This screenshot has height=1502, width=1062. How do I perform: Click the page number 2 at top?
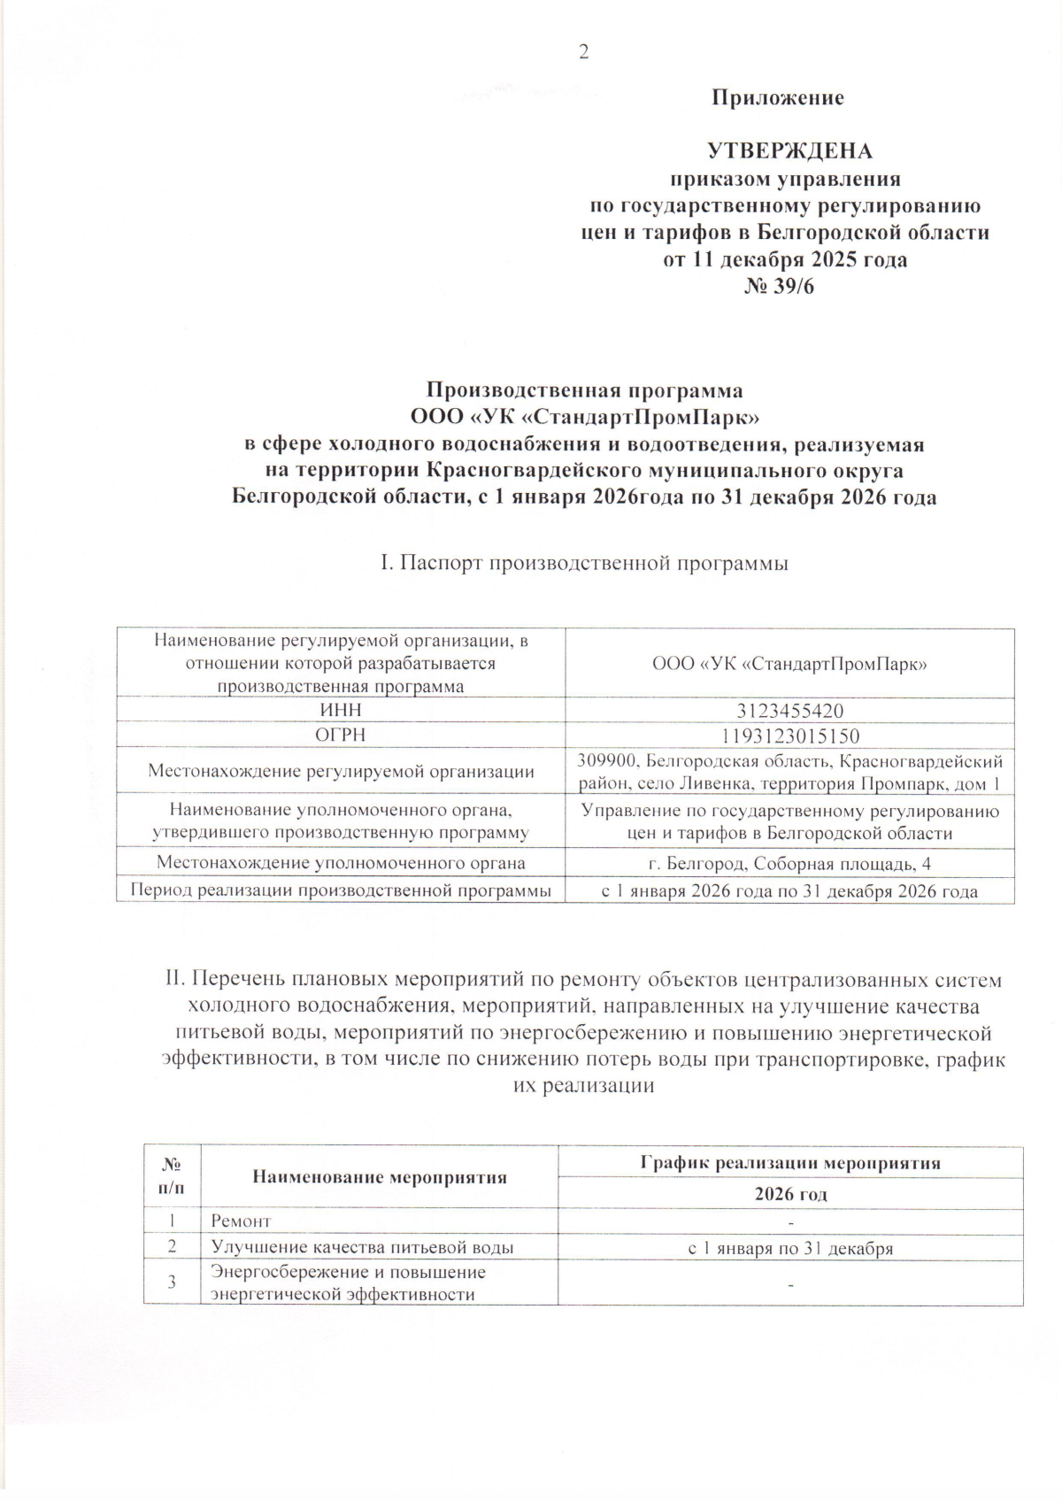[583, 52]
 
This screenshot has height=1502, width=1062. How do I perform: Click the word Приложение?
[778, 98]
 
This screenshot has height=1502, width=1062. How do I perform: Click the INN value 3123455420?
[789, 711]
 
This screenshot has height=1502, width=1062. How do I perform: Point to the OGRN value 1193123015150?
[789, 736]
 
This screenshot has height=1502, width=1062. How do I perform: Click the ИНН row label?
[341, 711]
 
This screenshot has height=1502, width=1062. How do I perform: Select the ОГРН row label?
[341, 736]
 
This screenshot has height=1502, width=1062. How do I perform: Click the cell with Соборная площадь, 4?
[789, 864]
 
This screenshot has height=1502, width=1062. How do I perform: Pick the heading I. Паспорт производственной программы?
[583, 563]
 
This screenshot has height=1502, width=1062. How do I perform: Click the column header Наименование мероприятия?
[380, 1177]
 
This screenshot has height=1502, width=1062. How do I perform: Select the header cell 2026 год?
[790, 1194]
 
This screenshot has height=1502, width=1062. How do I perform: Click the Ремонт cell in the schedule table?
[241, 1221]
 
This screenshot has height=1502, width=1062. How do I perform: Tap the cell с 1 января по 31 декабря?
[790, 1248]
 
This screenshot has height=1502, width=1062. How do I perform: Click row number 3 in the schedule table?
[172, 1282]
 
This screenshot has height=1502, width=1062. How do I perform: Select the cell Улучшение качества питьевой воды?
[363, 1248]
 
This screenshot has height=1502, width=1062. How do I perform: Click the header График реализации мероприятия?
[790, 1163]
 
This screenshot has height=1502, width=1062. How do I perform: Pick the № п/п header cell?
[172, 1177]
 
